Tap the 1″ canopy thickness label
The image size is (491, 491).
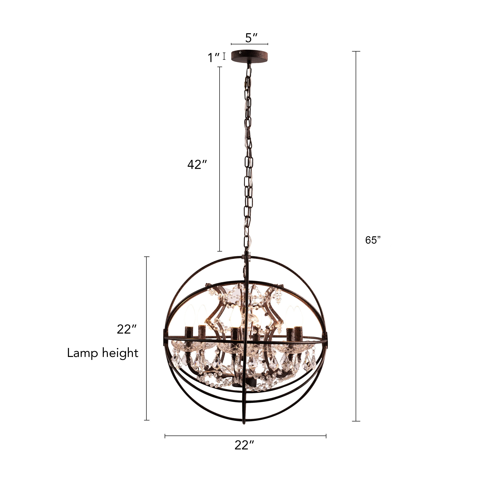pos(213,57)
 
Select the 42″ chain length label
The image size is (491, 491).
pos(197,165)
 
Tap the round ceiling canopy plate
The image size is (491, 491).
pos(249,56)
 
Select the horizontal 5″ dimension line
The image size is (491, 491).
pos(249,44)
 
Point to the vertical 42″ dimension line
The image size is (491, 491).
pos(220,159)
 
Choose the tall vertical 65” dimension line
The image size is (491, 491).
pos(356,236)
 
